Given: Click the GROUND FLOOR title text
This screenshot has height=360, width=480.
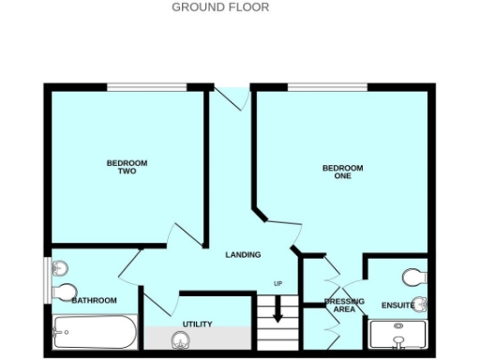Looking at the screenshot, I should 220,7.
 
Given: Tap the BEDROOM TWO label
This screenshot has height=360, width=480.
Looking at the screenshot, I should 127,167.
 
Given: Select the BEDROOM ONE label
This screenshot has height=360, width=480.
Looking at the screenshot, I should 342,172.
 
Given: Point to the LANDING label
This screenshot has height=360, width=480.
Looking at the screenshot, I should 243,255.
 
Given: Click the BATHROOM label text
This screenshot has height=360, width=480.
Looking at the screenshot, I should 95,300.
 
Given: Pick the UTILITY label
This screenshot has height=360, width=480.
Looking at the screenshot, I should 197,324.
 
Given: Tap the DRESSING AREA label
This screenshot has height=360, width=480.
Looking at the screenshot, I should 337,305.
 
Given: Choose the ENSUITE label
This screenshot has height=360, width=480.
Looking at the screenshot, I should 397,306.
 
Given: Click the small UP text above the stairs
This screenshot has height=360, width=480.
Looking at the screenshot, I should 277,284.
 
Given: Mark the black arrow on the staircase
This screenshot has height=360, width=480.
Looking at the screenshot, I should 277,311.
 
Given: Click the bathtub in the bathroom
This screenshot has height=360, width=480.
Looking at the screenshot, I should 95,332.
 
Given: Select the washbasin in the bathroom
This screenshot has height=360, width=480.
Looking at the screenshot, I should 59,265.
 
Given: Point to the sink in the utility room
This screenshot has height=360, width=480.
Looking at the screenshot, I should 180,339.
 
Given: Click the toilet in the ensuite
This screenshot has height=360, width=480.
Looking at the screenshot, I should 413,277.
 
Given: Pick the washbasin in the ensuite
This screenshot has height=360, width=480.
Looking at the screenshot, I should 421,303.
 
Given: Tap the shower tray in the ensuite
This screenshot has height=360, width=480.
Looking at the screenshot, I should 399,336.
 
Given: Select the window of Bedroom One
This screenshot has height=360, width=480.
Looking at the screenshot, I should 327,87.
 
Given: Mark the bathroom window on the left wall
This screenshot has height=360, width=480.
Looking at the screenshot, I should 47,278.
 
